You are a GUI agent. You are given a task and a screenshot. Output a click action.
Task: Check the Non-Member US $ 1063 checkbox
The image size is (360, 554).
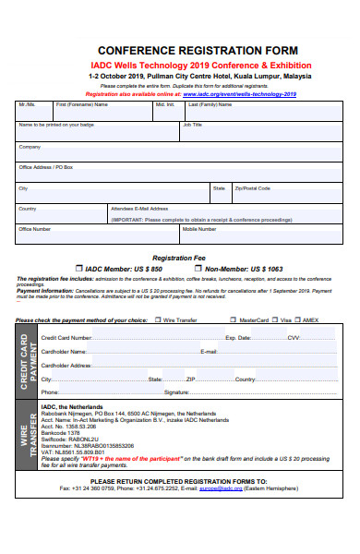click(x=198, y=269)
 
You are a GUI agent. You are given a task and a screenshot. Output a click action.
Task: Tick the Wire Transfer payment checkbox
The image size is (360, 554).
click(x=158, y=320)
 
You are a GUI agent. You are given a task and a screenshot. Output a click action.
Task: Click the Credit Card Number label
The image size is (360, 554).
click(x=66, y=338)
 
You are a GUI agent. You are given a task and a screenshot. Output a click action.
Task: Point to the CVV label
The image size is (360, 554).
click(x=294, y=338)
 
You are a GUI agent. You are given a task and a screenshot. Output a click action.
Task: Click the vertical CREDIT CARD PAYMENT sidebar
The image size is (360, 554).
click(x=26, y=363)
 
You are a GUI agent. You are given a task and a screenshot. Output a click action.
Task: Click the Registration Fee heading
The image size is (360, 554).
click(x=178, y=258)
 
